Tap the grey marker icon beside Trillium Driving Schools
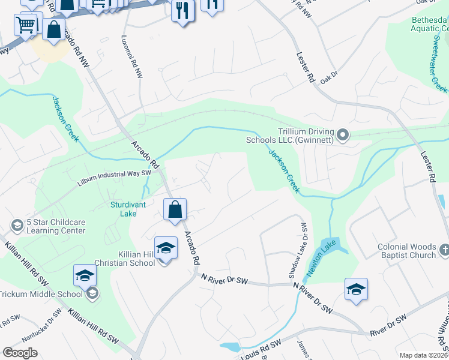(343, 136)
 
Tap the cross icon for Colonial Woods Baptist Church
(444, 250)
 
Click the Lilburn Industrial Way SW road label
(114, 175)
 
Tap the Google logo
(20, 352)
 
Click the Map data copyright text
(423, 355)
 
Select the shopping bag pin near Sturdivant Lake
(175, 210)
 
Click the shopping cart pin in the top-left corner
(26, 26)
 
